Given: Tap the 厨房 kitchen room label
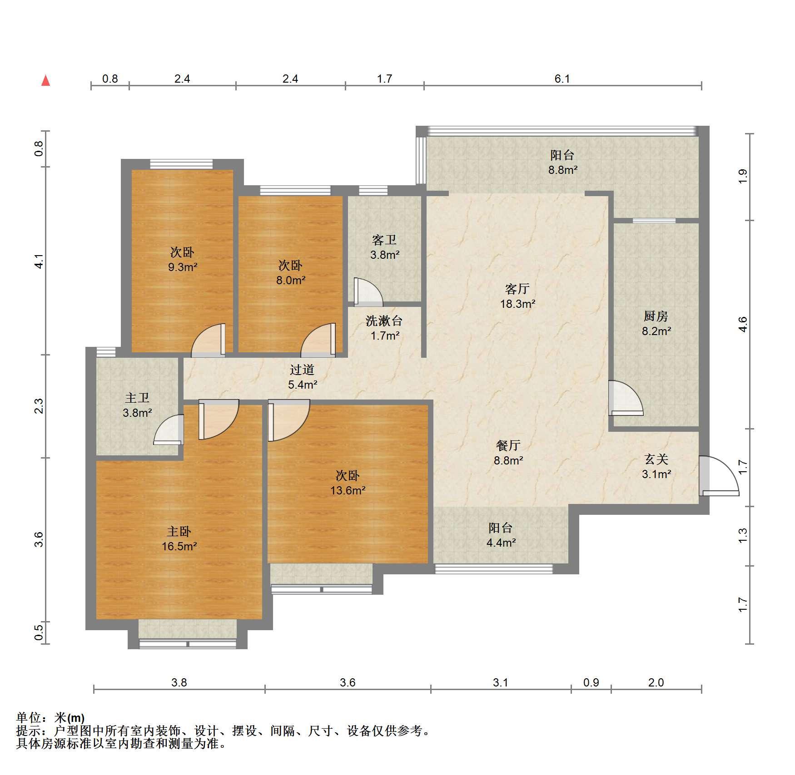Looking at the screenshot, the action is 656,316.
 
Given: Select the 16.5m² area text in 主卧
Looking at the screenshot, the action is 179,546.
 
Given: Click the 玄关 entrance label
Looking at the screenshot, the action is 656,459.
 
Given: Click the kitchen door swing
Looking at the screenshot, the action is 626,398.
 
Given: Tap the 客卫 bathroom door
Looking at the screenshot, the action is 368,291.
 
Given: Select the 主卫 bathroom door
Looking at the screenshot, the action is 169,429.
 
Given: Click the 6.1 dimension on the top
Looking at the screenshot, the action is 562,79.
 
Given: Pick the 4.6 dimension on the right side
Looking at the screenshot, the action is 743,324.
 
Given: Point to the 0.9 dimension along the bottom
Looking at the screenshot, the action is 591,682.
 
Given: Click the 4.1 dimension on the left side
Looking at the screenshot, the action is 40,261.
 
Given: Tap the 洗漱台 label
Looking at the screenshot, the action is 384,321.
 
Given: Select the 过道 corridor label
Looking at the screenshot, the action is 302,370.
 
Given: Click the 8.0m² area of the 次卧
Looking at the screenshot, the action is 291,280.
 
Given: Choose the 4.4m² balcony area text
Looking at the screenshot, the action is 501,543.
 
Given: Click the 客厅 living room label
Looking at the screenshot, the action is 517,289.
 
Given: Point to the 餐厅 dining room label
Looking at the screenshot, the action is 508,445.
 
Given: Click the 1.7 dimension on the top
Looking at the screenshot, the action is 384,79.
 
